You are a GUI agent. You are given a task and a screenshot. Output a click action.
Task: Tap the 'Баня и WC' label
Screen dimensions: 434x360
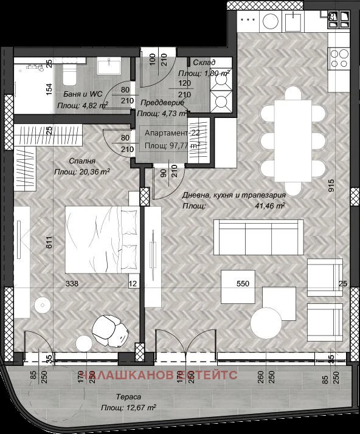[83, 94]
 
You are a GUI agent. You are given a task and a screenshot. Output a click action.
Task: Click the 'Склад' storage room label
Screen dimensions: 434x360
[204, 63]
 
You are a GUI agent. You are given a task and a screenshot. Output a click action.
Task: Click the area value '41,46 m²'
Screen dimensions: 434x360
[271, 206]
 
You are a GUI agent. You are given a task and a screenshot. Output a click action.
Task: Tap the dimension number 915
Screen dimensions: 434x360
[330, 184]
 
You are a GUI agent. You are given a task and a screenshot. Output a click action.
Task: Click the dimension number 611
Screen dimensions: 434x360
[49, 243]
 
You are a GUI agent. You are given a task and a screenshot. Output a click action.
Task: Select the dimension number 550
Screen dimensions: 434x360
[243, 283]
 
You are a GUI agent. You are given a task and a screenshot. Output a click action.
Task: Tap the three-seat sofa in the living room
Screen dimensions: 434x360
[258, 238]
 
